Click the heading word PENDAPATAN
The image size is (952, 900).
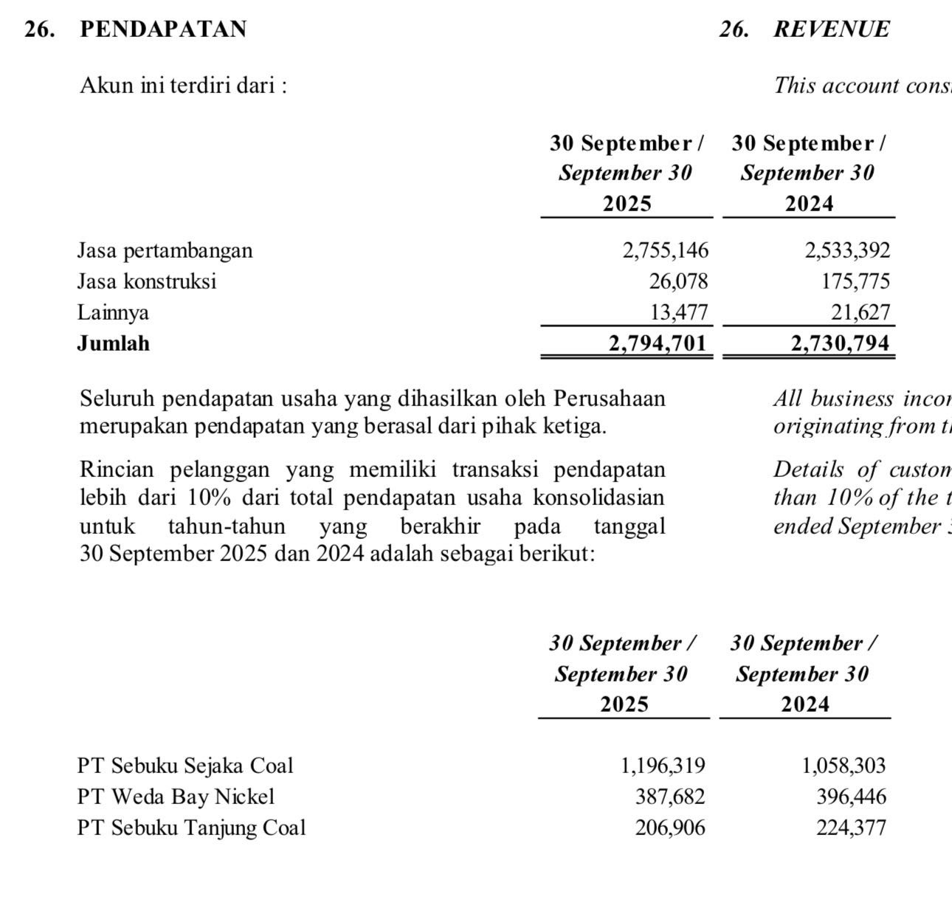[163, 30]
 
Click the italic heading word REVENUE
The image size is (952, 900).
[831, 30]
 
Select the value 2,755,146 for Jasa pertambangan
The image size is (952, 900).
[665, 251]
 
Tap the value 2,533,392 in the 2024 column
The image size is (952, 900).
[847, 251]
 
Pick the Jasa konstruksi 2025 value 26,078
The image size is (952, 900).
[678, 281]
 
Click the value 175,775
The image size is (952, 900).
[855, 281]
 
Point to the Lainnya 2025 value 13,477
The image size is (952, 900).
[678, 313]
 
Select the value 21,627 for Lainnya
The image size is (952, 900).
[860, 313]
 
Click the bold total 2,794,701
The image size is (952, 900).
[658, 343]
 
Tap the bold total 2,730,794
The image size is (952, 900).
[840, 343]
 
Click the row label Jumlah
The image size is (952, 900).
[114, 343]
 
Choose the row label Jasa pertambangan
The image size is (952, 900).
[165, 251]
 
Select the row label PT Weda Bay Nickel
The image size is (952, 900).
[176, 797]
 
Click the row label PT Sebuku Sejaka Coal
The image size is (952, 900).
[185, 766]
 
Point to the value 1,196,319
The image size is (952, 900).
[662, 766]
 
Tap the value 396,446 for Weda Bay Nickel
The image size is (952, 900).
[851, 797]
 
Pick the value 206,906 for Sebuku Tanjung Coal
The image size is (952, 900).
[670, 828]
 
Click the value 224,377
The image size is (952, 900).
[851, 828]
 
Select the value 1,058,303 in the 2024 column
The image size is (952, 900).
[844, 766]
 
